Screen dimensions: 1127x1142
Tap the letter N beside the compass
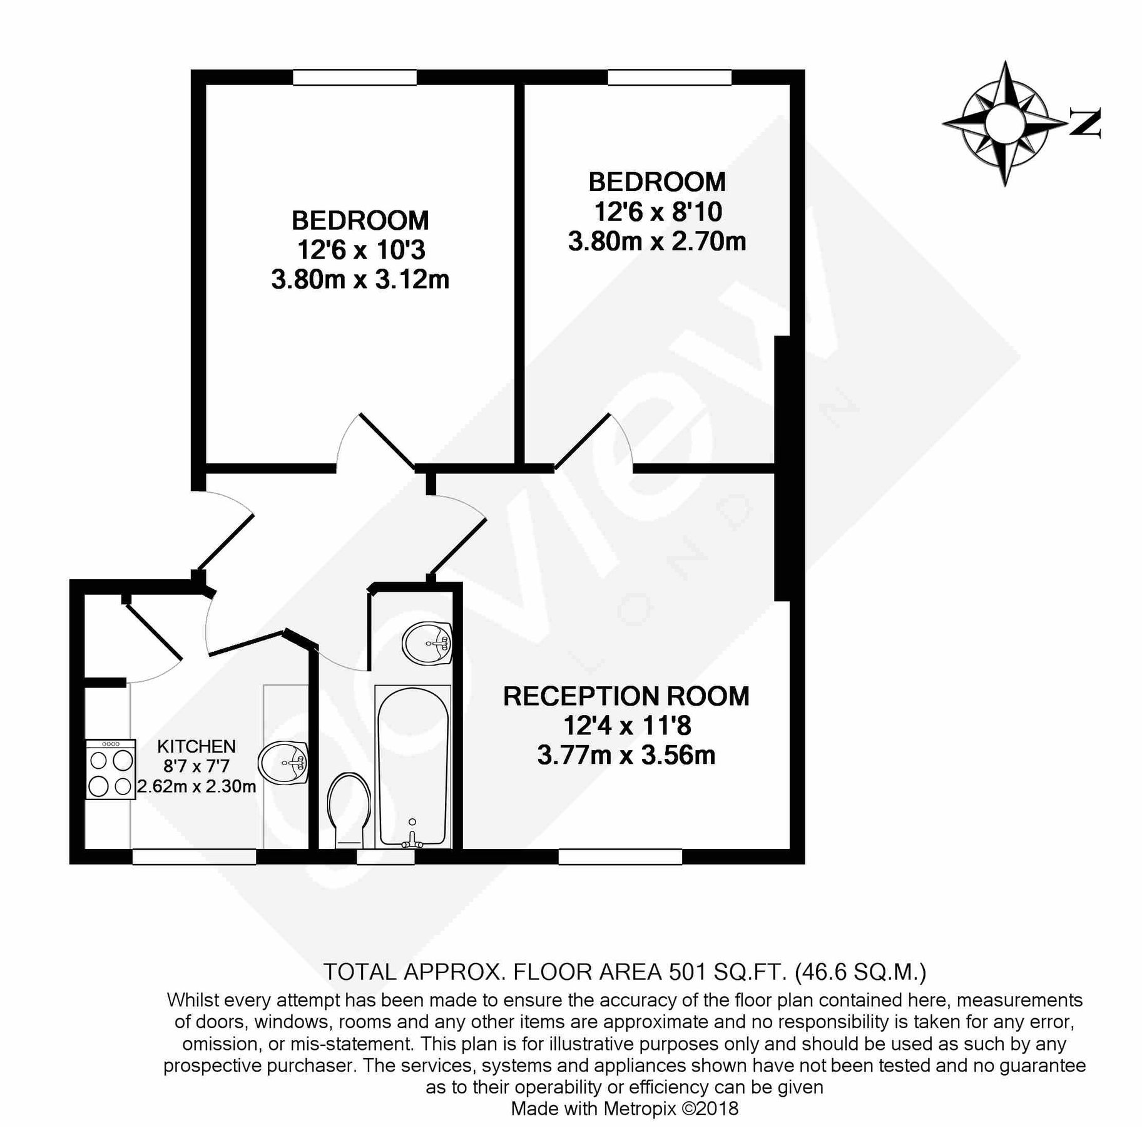[1085, 123]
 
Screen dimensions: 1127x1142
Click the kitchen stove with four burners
[111, 769]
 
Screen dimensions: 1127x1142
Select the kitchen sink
[283, 763]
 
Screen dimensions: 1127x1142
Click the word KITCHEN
[196, 746]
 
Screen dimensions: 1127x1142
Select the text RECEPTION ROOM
[626, 696]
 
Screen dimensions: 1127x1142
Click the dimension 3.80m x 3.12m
[360, 279]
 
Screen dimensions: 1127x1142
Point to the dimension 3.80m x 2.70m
[657, 241]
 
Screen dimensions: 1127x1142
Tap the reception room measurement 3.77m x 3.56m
[626, 755]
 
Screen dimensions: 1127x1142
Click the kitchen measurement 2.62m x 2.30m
[196, 786]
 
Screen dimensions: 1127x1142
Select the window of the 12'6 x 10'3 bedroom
[355, 77]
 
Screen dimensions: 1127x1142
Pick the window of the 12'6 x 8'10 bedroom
[670, 77]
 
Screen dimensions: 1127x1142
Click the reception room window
[620, 857]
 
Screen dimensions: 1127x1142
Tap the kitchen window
[194, 857]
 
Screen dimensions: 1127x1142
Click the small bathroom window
[385, 857]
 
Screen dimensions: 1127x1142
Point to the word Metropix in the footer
[640, 1109]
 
